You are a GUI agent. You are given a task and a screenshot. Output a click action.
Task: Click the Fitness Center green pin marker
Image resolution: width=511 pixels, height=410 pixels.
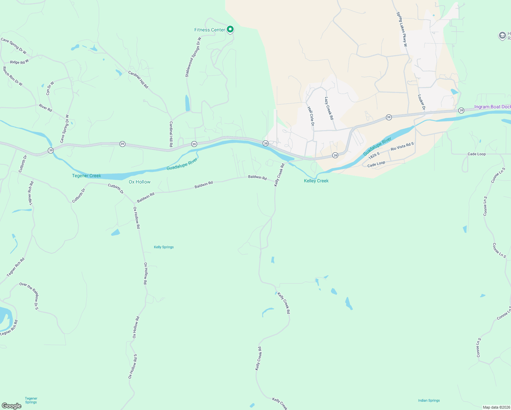[x=230, y=29]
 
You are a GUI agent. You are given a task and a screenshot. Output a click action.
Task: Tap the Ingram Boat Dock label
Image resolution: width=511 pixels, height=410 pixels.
[x=492, y=107]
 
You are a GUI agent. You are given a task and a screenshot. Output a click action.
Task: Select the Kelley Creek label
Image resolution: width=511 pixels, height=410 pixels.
[x=316, y=181]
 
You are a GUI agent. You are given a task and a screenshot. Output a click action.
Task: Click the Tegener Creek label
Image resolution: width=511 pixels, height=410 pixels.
[x=86, y=176]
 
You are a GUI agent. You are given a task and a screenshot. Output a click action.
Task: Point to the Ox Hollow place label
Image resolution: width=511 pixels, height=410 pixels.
[x=139, y=182]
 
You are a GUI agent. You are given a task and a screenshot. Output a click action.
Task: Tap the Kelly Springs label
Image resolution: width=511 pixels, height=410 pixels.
[x=164, y=247]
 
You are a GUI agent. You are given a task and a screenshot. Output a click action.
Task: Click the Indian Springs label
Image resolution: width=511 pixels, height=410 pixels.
[x=429, y=400]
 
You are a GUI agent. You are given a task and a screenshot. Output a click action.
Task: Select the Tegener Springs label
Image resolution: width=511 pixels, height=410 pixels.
[x=31, y=400]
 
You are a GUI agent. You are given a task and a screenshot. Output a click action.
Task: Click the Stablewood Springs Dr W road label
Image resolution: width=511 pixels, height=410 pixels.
[x=193, y=57]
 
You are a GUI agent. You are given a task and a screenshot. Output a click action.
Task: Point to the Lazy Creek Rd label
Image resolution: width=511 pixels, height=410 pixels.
[x=329, y=108]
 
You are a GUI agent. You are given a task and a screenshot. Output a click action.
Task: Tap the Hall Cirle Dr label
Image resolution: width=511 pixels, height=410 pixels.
[x=310, y=116]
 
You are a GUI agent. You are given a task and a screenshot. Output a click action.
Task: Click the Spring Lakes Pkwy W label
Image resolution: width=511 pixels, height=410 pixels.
[x=402, y=29]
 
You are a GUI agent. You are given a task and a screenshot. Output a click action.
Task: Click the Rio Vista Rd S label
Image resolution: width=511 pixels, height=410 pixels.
[x=402, y=146]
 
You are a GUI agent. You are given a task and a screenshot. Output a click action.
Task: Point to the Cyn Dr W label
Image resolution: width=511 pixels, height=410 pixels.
[x=50, y=88]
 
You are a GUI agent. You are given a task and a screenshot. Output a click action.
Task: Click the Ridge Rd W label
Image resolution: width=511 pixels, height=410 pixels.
[x=19, y=62]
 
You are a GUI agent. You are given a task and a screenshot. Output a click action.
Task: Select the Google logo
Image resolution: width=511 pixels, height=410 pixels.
[x=12, y=406]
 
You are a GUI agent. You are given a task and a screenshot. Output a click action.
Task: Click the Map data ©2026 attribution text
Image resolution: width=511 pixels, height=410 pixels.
[x=496, y=407]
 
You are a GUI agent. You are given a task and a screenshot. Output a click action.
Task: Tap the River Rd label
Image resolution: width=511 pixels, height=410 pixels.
[x=45, y=108]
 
